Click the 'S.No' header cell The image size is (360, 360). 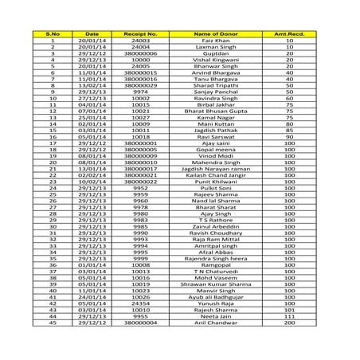tap(52, 34)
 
